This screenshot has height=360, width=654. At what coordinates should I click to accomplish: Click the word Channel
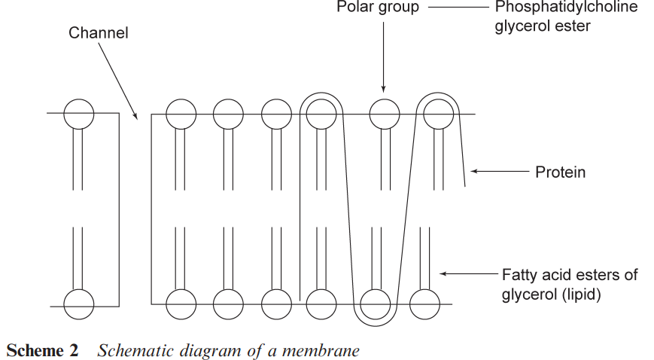(x=98, y=33)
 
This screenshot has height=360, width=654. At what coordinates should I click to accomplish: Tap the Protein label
(x=560, y=172)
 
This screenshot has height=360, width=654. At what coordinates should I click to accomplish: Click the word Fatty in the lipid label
(x=519, y=274)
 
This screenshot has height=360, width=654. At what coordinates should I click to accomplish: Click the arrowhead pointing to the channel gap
(x=135, y=116)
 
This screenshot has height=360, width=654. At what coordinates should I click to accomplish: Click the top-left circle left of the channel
(x=78, y=114)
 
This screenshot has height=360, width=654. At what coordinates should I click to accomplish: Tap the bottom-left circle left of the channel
(x=78, y=304)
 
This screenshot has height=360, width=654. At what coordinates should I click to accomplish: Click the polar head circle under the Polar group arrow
(x=384, y=114)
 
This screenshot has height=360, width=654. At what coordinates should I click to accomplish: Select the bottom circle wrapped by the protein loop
(x=375, y=304)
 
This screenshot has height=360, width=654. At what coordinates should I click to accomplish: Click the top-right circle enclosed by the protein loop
(x=437, y=114)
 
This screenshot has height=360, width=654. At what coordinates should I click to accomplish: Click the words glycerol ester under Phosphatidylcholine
(x=543, y=27)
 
